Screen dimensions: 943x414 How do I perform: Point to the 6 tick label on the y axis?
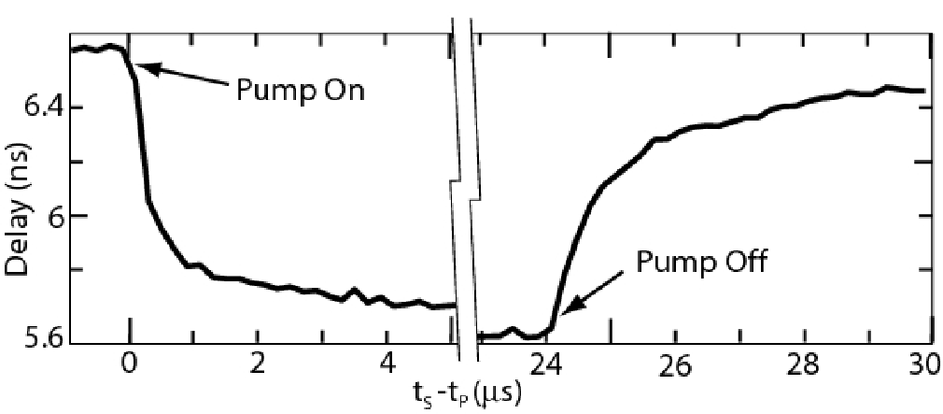[x=49, y=216]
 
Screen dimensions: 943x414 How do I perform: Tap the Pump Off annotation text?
[x=701, y=263]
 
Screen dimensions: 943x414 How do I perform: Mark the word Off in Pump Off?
[x=741, y=263]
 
